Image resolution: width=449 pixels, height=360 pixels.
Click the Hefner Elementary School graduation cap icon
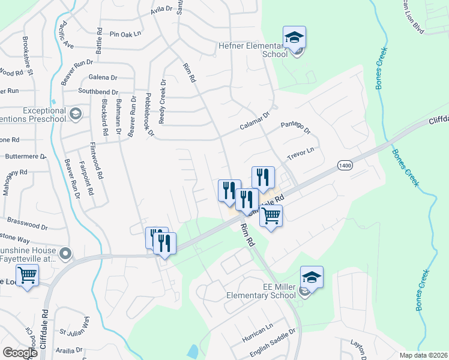(294, 37)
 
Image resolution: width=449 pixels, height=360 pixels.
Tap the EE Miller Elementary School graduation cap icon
(312, 277)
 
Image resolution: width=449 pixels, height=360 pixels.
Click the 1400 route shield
(345, 165)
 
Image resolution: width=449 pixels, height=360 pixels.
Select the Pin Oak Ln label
(124, 34)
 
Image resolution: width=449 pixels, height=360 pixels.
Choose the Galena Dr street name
(103, 77)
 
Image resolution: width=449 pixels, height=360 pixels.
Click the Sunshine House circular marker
(65, 253)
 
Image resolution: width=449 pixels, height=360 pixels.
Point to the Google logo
(20, 353)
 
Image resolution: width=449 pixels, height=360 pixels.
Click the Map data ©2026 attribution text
(423, 355)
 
